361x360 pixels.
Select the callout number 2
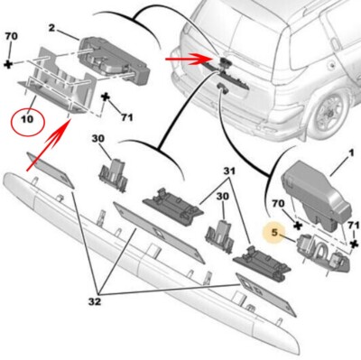pos(51,30)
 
